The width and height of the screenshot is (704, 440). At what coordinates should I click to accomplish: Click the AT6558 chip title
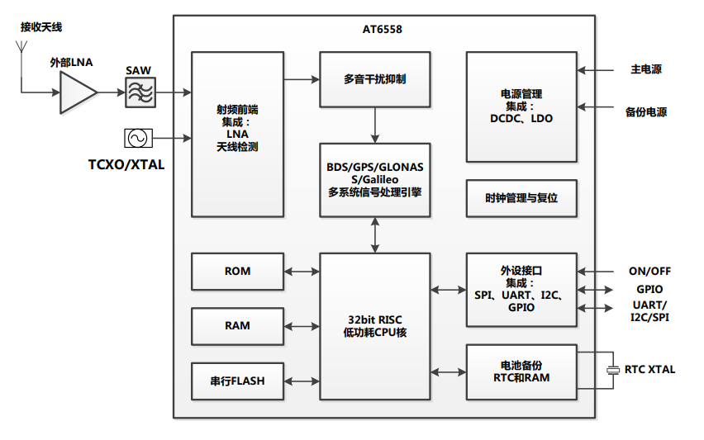tap(383, 29)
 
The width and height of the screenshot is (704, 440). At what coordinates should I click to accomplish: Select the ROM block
tap(237, 272)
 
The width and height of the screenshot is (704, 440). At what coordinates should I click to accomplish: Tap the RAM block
tap(237, 326)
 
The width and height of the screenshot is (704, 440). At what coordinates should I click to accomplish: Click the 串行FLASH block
tap(237, 381)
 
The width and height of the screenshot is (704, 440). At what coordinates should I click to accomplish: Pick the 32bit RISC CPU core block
tap(375, 325)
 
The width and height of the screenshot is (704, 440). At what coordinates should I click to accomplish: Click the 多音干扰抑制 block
tap(375, 79)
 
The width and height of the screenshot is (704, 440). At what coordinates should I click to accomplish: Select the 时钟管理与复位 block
tap(521, 198)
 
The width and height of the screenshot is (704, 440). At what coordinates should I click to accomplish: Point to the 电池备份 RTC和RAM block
tap(521, 371)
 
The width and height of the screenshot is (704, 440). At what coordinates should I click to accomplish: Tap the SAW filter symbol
tap(140, 92)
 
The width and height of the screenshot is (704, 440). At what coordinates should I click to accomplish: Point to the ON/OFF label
tap(649, 271)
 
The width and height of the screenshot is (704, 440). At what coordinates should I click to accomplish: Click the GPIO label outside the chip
tap(649, 290)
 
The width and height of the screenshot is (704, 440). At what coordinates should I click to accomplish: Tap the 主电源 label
tap(646, 69)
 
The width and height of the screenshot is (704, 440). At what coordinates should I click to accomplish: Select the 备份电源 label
tap(646, 112)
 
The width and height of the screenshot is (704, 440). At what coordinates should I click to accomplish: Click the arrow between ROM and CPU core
tap(302, 272)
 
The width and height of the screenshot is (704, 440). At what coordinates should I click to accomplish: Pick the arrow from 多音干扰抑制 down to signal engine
tap(375, 125)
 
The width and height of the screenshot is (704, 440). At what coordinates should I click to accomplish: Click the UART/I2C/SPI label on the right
tap(649, 311)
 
